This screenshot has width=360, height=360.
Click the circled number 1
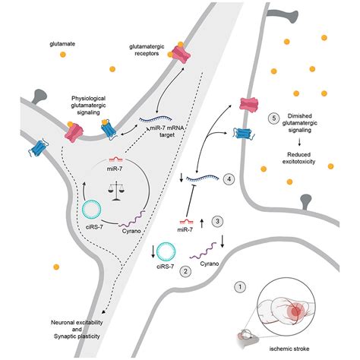pos(241,287)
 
